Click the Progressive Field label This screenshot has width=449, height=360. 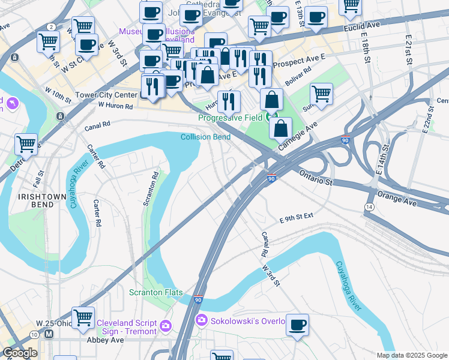[231, 118]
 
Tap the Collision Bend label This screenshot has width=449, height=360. [205, 137]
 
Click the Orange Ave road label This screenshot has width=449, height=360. [397, 199]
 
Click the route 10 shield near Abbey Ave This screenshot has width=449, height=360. [35, 334]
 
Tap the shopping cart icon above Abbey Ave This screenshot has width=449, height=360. [83, 317]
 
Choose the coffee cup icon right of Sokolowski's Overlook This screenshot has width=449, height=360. [297, 324]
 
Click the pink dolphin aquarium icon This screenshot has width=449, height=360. [11, 104]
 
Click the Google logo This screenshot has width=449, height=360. [19, 353]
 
